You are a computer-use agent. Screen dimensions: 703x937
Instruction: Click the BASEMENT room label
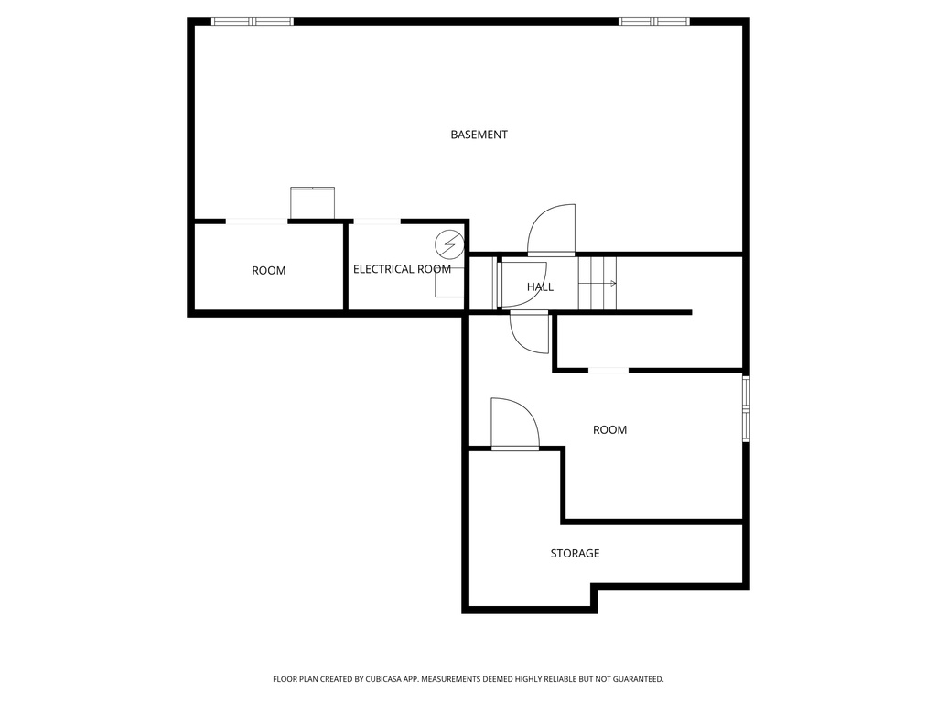[x=479, y=135]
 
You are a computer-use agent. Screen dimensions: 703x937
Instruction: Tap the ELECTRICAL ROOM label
[x=402, y=269]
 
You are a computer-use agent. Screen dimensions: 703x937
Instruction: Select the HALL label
[x=540, y=287]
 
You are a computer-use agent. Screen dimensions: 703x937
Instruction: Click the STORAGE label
[x=575, y=553]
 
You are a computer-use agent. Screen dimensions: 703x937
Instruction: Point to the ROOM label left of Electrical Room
[x=268, y=270]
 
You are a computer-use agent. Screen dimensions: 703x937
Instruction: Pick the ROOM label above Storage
[x=609, y=429]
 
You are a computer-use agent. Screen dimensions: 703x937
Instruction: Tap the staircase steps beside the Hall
[x=598, y=284]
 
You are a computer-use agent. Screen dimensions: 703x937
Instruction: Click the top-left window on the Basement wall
[x=253, y=21]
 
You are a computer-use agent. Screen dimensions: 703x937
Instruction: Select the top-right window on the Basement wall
[x=654, y=21]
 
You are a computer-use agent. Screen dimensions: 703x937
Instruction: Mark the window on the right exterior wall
[x=747, y=408]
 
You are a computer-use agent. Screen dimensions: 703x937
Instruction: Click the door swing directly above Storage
[x=514, y=424]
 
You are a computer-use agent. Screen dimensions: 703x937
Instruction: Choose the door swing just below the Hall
[x=530, y=331]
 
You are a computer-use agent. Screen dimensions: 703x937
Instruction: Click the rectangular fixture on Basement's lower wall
[x=313, y=202]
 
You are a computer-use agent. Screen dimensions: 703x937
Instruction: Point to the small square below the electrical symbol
[x=448, y=286]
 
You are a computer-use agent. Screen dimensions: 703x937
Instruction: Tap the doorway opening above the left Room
[x=256, y=221]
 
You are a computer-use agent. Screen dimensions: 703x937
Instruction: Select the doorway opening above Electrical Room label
[x=376, y=221]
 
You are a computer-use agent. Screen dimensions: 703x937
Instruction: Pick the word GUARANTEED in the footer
[x=633, y=679]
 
